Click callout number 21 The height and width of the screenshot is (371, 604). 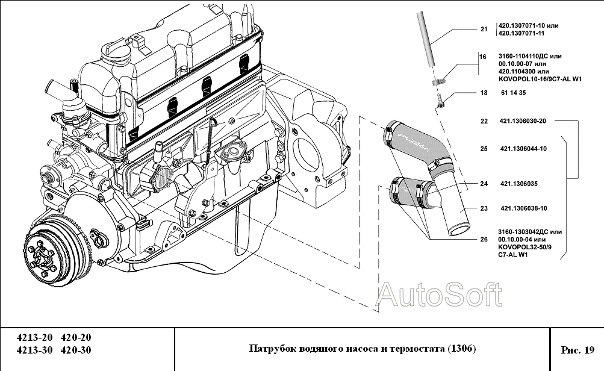click(484, 29)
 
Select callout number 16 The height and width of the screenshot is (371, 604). click(482, 57)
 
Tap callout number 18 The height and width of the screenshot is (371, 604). click(484, 93)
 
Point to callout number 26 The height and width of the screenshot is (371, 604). click(484, 239)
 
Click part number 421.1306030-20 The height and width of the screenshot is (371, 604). click(522, 121)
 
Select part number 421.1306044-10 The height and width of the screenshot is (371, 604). click(522, 149)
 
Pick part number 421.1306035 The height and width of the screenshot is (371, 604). click(518, 184)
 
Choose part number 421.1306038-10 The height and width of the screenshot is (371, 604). click(523, 209)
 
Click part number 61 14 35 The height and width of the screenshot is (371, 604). click(513, 93)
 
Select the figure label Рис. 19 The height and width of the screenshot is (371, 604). click(577, 349)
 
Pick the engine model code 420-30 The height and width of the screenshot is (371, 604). click(76, 350)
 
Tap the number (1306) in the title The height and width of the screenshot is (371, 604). click(461, 349)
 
